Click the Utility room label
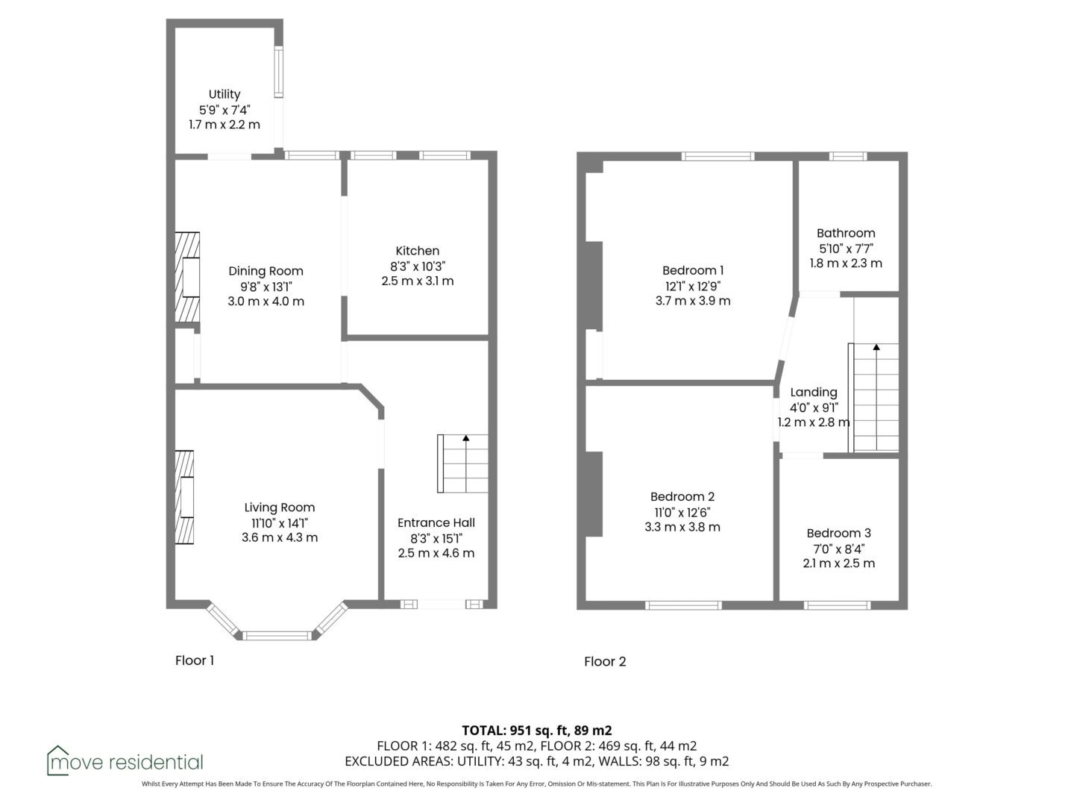click(x=224, y=94)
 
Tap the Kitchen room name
click(x=418, y=251)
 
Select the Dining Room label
click(x=266, y=271)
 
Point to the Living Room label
click(x=280, y=507)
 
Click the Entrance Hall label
click(x=436, y=522)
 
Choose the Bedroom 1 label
click(x=693, y=270)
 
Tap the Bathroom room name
click(x=846, y=233)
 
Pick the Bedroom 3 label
click(x=838, y=533)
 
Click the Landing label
click(x=814, y=393)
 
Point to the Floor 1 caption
click(x=195, y=660)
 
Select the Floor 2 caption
click(x=605, y=661)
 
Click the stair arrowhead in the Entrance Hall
click(x=466, y=438)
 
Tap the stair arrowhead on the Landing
click(x=876, y=347)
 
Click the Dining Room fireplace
click(x=187, y=277)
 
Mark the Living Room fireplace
click(x=184, y=497)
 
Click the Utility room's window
click(x=278, y=72)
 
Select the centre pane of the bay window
click(x=277, y=636)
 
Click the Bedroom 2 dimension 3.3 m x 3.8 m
click(x=682, y=527)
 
